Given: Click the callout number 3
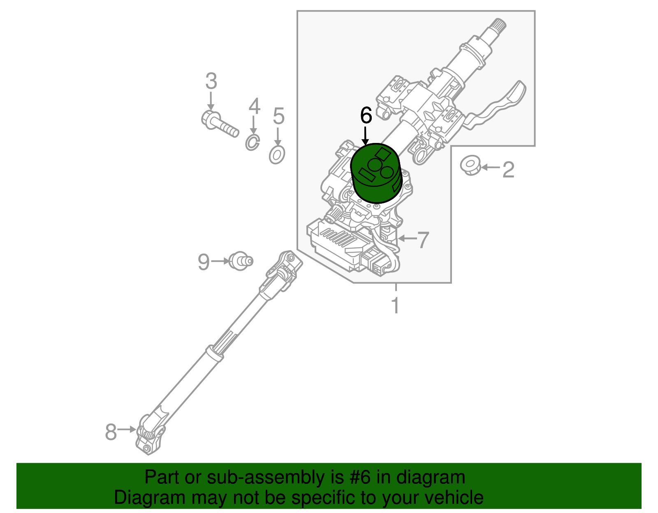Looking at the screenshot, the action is click(x=211, y=81).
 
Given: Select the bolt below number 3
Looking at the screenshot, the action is click(x=220, y=124).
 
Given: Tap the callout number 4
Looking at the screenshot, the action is click(x=254, y=106).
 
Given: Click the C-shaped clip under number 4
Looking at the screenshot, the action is click(x=252, y=143).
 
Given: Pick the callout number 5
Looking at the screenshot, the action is click(x=278, y=116).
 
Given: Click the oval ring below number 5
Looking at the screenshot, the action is click(x=277, y=155).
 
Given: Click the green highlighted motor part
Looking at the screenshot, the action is click(x=376, y=173).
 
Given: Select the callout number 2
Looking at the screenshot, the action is click(x=508, y=170).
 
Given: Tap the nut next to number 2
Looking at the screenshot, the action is click(x=470, y=165).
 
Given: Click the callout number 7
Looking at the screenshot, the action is click(x=423, y=240).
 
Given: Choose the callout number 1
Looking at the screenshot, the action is click(x=395, y=305).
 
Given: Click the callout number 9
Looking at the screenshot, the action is click(x=204, y=262).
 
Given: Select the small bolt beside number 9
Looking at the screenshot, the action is click(x=241, y=261).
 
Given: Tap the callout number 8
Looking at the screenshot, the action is click(x=111, y=432).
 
